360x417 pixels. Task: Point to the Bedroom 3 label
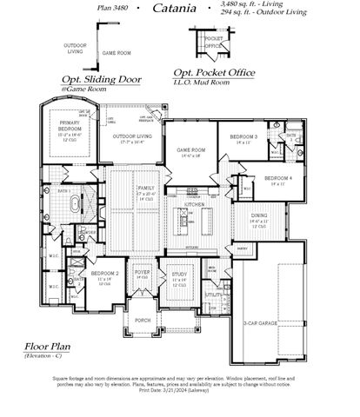coord(244,138)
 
